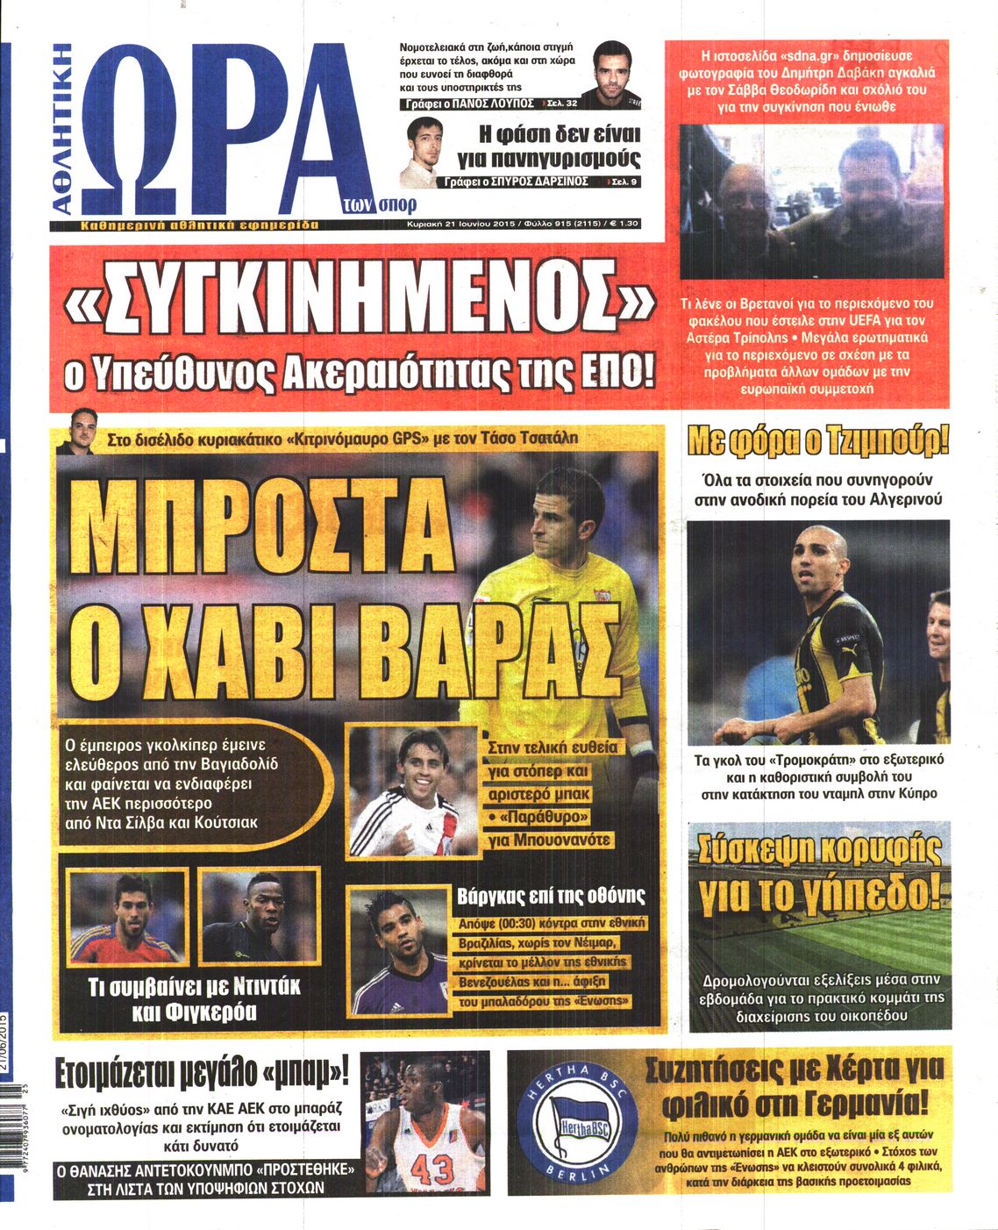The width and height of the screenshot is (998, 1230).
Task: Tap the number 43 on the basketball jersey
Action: pos(430,1169)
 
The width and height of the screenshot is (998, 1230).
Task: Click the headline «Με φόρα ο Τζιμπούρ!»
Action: pos(818,440)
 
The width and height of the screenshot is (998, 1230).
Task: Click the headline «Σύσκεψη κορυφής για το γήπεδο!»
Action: pos(819,872)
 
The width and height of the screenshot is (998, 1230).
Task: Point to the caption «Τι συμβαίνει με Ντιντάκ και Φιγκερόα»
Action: pos(194,998)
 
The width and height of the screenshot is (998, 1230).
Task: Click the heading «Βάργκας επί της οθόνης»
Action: pos(551,896)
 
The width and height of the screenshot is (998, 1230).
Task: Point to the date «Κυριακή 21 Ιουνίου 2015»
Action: pos(460,225)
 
